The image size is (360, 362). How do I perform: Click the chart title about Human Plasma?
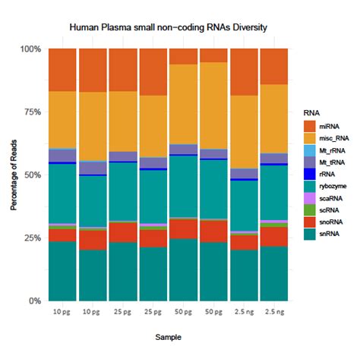pos(168,27)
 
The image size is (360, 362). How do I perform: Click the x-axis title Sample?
pos(168,337)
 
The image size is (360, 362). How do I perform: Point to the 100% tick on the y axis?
pos(30,49)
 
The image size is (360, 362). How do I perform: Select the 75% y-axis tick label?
pos(31,112)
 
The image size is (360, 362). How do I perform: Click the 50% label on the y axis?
pos(31,175)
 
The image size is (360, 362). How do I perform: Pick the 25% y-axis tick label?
pos(31,238)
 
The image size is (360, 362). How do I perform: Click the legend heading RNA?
pos(311,112)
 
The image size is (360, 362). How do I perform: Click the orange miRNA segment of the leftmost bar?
pos(62,70)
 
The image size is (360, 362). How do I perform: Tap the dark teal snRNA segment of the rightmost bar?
pos(274,273)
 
